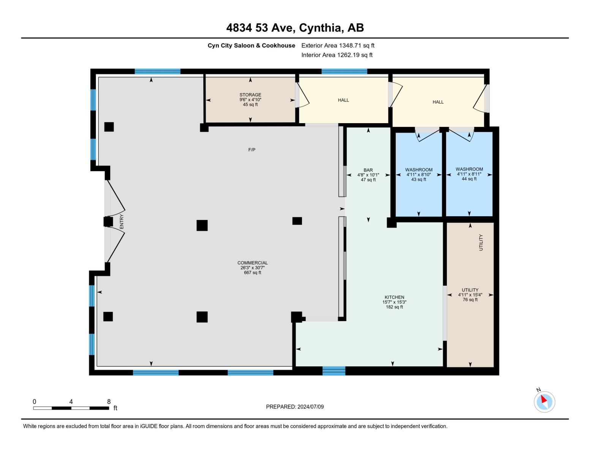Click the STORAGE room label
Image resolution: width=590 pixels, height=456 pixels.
250,95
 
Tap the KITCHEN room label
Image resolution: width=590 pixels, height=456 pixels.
394,298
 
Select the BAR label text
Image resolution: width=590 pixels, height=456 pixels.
368,170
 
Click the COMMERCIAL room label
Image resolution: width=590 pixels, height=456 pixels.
252,263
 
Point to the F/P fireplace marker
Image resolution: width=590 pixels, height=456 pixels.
252,150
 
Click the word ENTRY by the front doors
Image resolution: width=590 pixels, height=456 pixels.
122,222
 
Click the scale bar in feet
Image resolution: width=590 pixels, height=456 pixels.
71,408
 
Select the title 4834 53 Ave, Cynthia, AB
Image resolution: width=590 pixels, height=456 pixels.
295,28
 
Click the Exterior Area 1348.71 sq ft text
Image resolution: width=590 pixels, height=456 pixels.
338,46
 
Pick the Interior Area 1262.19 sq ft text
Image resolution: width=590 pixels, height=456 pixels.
337,55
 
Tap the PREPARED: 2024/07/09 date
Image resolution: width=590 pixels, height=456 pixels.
295,407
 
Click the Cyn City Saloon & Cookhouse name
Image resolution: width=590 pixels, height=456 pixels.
251,46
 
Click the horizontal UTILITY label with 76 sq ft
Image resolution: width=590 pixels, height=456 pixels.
470,294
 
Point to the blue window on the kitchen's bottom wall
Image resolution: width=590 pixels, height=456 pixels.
334,371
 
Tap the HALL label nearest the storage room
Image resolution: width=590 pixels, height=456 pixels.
343,100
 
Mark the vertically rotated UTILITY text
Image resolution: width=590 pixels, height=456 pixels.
481,242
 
